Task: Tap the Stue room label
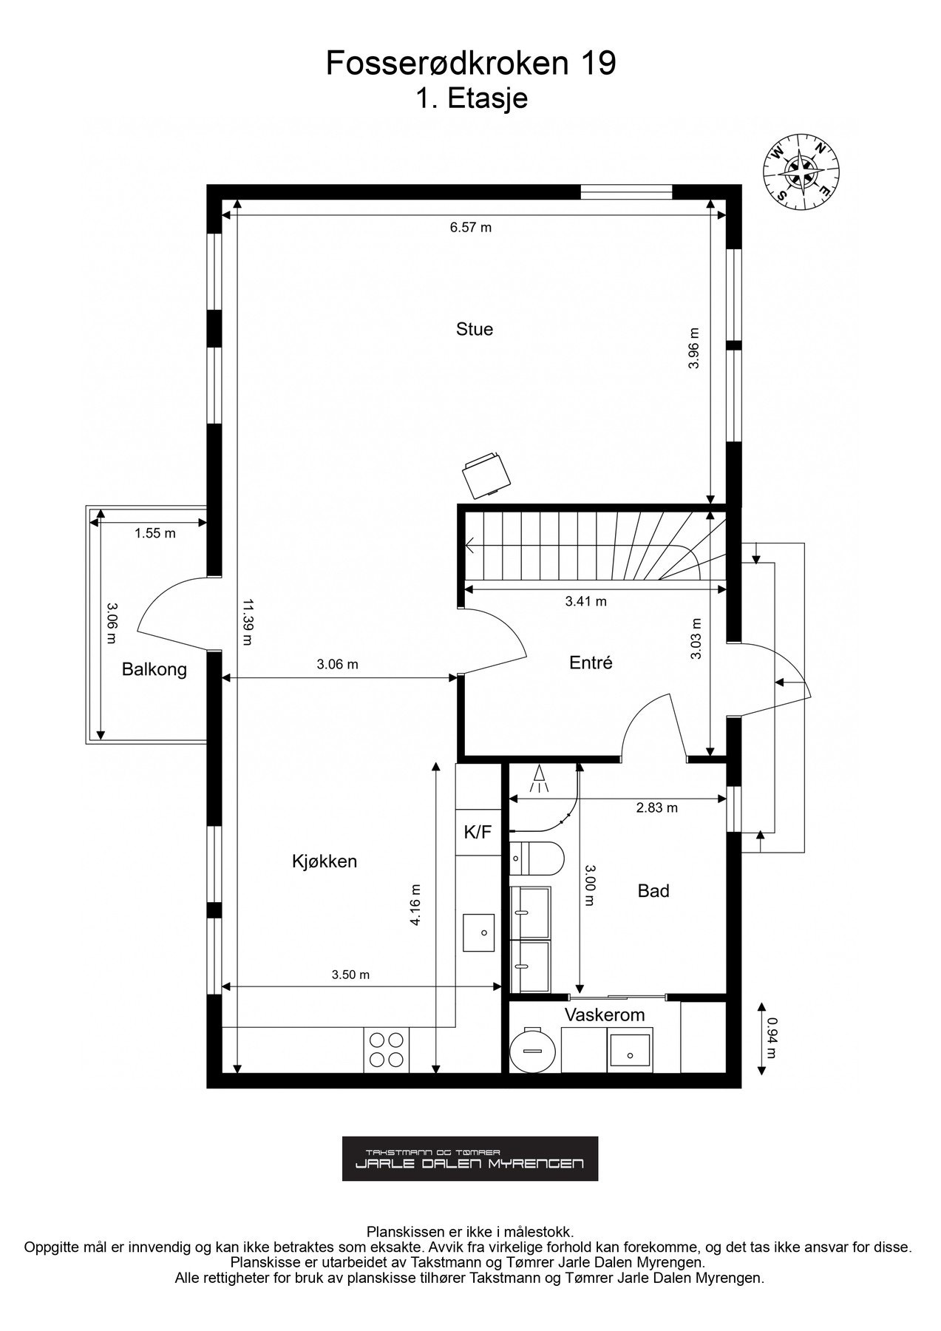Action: pyautogui.click(x=474, y=329)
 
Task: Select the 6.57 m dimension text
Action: pyautogui.click(x=471, y=228)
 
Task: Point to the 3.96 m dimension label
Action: pyautogui.click(x=693, y=349)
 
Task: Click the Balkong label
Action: pyautogui.click(x=154, y=670)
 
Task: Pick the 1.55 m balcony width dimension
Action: pyautogui.click(x=155, y=533)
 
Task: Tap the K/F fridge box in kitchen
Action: pyautogui.click(x=478, y=833)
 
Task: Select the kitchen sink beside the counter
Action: pyautogui.click(x=479, y=932)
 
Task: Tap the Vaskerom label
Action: pyautogui.click(x=605, y=1015)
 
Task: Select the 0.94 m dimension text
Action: pyautogui.click(x=772, y=1038)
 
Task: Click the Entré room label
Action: pyautogui.click(x=591, y=663)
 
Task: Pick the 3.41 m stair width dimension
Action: pyautogui.click(x=585, y=602)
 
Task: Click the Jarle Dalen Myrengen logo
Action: pyautogui.click(x=470, y=1159)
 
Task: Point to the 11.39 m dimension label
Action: pyautogui.click(x=246, y=623)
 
